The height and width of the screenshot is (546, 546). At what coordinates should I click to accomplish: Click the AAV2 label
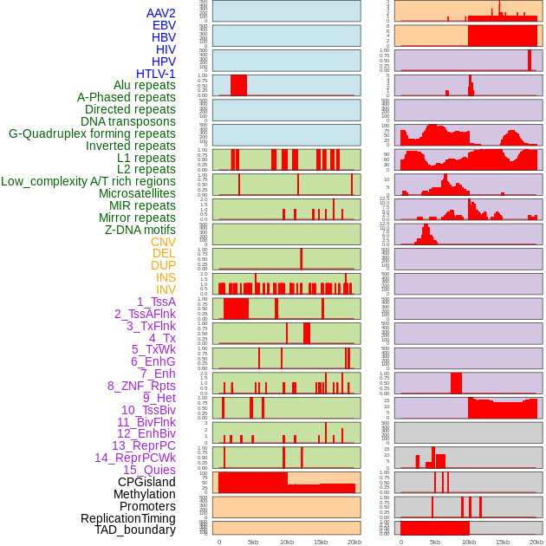[x=160, y=13]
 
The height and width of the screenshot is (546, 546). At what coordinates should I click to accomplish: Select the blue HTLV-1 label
[x=155, y=74]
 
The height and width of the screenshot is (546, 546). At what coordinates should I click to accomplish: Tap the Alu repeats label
[x=145, y=85]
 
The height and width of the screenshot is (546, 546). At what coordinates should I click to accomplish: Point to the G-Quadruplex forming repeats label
[x=92, y=133]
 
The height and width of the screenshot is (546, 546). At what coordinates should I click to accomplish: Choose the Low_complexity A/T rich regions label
[x=88, y=181]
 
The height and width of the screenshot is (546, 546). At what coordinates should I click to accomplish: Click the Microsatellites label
[x=137, y=193]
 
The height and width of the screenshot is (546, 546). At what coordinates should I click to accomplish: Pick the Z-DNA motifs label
[x=140, y=230]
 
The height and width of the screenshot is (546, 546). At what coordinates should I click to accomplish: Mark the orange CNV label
[x=163, y=242]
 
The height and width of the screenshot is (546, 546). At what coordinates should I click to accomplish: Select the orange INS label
[x=166, y=277]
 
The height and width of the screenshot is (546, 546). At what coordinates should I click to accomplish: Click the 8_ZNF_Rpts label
[x=141, y=386]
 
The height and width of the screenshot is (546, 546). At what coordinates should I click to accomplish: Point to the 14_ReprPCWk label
[x=135, y=458]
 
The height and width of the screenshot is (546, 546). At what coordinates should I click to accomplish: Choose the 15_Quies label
[x=149, y=470]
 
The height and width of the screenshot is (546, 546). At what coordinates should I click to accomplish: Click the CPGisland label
[x=146, y=482]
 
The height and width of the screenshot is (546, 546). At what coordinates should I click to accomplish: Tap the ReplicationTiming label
[x=127, y=518]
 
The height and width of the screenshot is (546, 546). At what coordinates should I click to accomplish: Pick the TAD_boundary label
[x=135, y=530]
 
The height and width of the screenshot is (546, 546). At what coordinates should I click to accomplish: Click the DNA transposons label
[x=128, y=121]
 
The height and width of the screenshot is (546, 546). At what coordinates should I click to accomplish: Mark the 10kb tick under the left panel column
[x=287, y=542]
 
